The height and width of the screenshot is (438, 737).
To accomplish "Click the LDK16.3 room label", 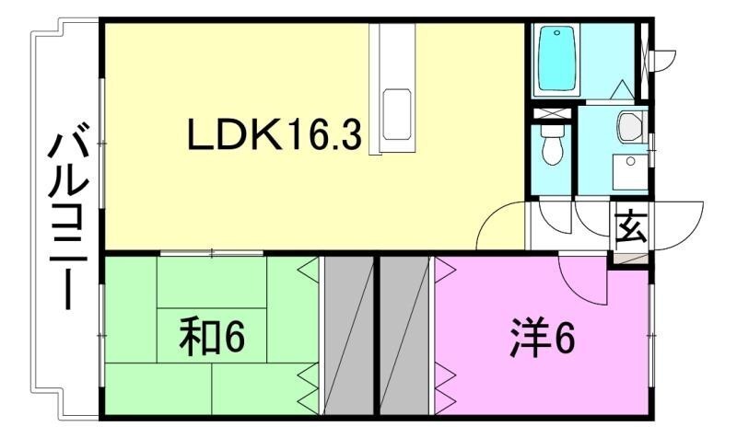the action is point(275,134).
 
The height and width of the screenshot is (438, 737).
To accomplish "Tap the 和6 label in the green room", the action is point(212,336).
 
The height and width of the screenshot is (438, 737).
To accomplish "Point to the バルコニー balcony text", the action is point(68,215).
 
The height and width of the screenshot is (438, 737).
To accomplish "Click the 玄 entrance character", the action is point(630,227).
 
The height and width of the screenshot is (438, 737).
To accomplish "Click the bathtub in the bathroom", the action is point(556,58).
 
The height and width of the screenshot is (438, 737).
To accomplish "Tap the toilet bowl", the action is point(552,144).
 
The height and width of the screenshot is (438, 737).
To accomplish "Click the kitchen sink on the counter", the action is point(397,114).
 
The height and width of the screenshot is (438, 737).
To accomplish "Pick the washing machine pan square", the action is point(630,172).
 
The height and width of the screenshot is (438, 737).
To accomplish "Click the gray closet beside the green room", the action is point(349,335).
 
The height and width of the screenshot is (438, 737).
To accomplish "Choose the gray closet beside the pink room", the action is point(404,335).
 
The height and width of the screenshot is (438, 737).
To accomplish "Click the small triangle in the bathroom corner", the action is point(623,89).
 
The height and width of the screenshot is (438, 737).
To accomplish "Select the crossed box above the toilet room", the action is point(552,113).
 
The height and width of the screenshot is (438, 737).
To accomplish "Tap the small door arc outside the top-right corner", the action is point(664,59).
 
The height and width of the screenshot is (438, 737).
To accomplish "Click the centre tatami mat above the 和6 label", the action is point(212,282).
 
